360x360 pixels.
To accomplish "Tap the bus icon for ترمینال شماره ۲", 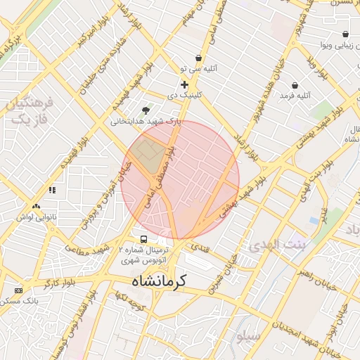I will pos(144,239).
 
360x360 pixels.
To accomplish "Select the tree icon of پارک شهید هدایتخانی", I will pos(146,110).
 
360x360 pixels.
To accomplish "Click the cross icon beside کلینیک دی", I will pos(184,84).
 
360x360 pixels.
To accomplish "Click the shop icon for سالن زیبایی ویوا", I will pos(345,34).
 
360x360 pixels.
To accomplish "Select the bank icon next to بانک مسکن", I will pos(18,290).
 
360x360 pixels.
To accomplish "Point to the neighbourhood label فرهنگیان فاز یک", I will pos(29,111).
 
